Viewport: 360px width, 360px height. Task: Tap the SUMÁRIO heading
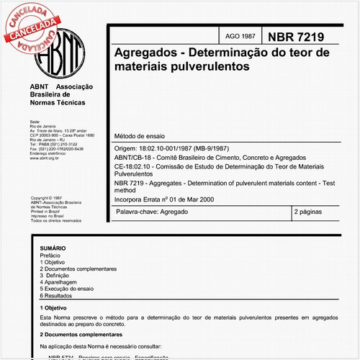click(x=53, y=247)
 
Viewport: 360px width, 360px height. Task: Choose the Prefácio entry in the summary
click(x=50, y=255)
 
